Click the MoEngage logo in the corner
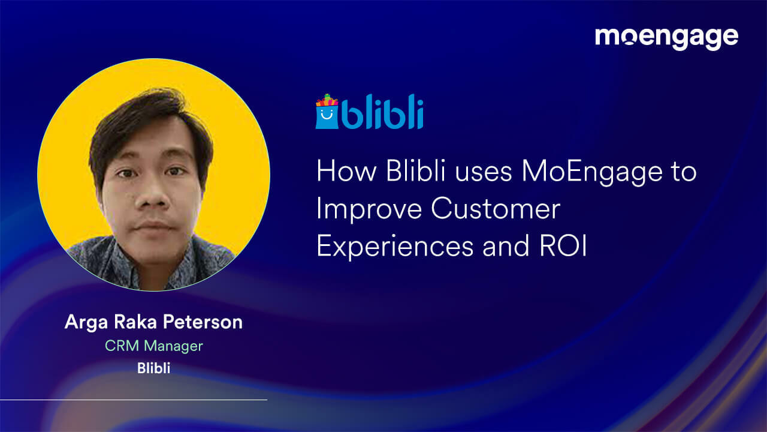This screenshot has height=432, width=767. (x=666, y=37)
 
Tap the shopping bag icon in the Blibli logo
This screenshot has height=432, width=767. (x=327, y=113)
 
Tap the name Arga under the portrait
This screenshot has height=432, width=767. (x=83, y=322)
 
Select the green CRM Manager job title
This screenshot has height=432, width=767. (x=153, y=346)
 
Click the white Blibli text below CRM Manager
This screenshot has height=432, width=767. (x=153, y=368)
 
